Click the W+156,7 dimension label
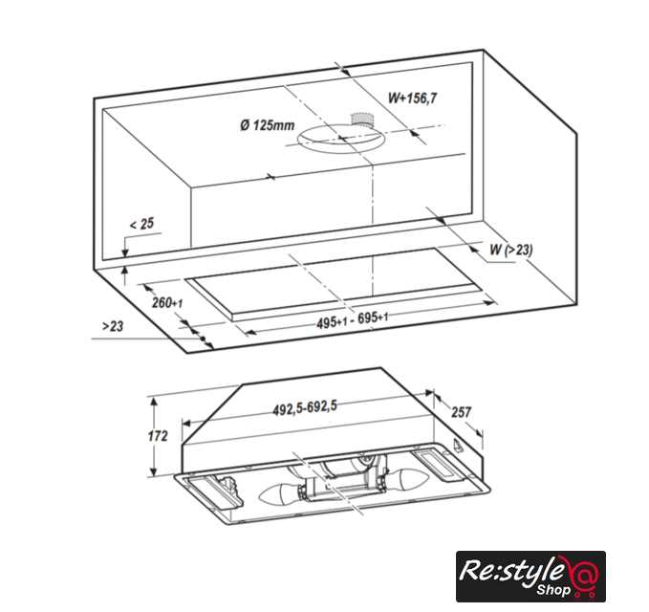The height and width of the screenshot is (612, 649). click(x=412, y=98)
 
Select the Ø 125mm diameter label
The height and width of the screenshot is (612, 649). click(x=268, y=124)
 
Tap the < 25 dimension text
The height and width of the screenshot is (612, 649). click(x=141, y=224)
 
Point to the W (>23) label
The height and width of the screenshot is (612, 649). click(x=511, y=250)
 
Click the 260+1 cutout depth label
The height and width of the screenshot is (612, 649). click(x=167, y=303)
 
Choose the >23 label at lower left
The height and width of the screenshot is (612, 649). click(x=113, y=326)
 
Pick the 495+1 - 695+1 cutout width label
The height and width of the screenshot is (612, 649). click(x=353, y=320)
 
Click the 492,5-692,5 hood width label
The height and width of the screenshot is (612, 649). click(x=305, y=407)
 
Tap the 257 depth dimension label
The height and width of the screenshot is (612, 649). click(x=461, y=412)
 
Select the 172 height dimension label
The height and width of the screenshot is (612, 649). click(x=158, y=436)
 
